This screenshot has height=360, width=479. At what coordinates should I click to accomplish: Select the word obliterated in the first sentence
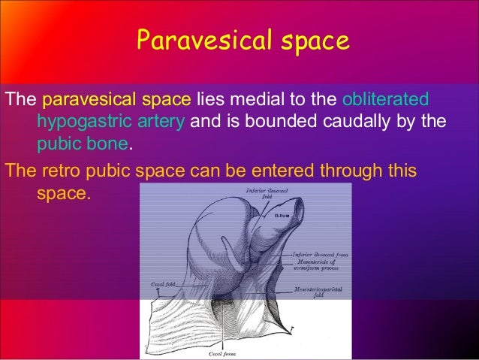coord(385,99)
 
